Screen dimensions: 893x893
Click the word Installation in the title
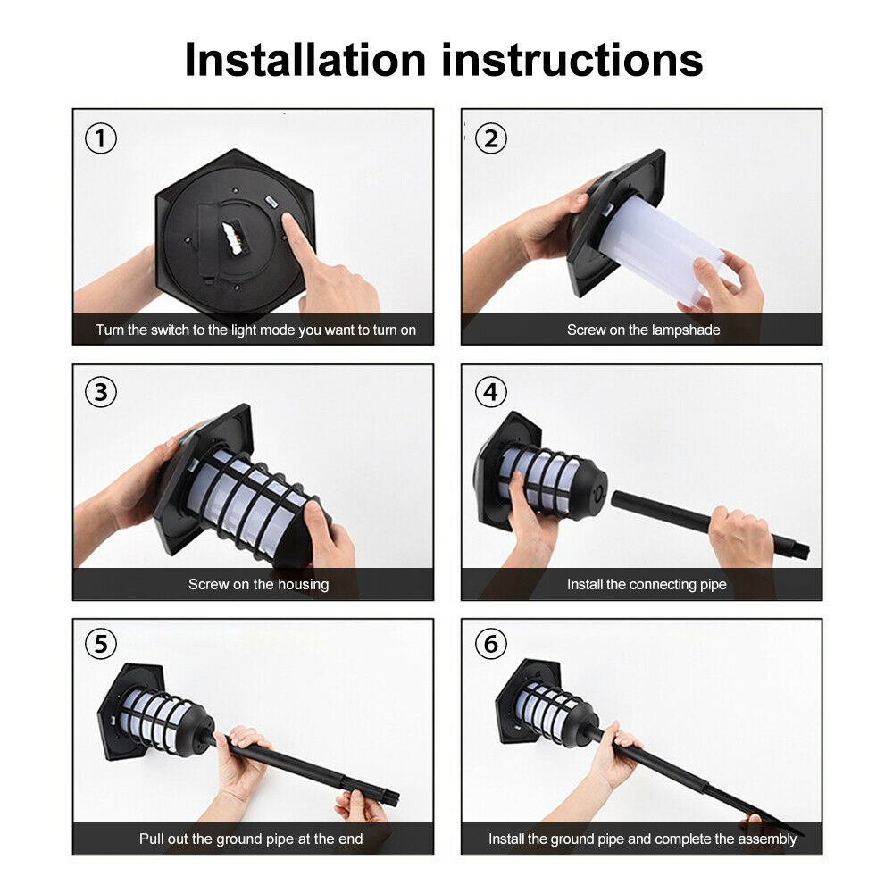[x=305, y=60]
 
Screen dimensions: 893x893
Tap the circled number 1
[x=101, y=138]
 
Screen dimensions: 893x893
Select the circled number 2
[x=491, y=138]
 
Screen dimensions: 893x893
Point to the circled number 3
[x=101, y=392]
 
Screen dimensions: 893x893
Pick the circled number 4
[x=491, y=392]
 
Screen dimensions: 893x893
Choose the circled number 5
[x=101, y=644]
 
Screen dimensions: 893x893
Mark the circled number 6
[x=491, y=644]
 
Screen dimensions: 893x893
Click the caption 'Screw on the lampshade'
[x=644, y=330]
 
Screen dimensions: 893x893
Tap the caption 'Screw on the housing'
[x=259, y=584]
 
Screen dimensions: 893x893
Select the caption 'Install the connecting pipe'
[x=647, y=584]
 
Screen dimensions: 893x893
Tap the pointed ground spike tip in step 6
[x=800, y=835]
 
